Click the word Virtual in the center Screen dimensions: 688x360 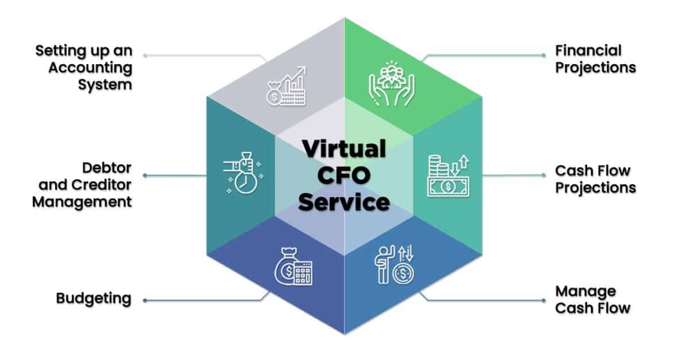click(344, 148)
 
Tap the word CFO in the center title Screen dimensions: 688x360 click(344, 175)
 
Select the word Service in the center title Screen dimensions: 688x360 click(344, 202)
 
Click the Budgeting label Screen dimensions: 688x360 click(93, 299)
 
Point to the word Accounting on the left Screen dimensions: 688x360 click(91, 68)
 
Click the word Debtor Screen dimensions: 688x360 click(107, 168)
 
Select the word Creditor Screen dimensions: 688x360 click(101, 185)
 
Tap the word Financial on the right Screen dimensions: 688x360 click(588, 50)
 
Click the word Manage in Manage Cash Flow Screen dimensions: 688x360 click(585, 292)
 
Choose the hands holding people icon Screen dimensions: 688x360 click(392, 84)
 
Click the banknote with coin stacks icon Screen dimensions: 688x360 click(448, 175)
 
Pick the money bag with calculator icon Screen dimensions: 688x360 click(294, 266)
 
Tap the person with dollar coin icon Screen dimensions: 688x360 click(394, 264)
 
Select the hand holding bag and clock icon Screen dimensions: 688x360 click(243, 173)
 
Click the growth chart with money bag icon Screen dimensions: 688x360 click(286, 86)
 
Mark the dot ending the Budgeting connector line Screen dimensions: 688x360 click(145, 300)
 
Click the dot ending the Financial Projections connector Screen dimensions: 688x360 click(544, 55)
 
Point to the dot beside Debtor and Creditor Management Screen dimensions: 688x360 click(145, 175)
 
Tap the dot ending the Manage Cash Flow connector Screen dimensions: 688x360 click(544, 300)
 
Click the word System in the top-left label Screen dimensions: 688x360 click(105, 85)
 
